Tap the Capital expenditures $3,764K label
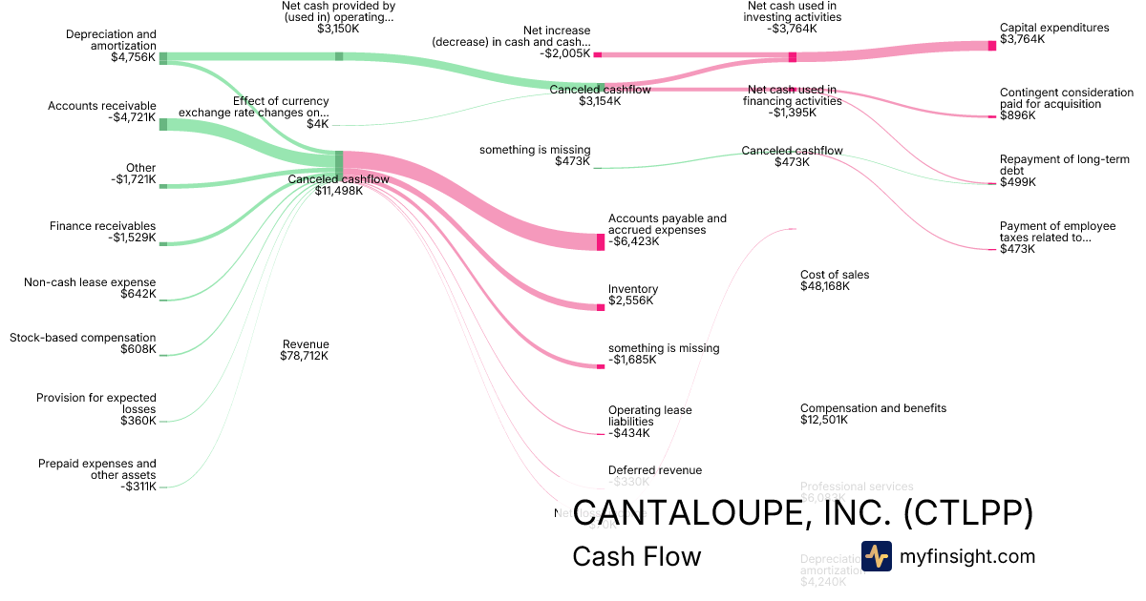coord(1054,35)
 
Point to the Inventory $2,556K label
coord(633,295)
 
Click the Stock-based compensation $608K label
coord(83,343)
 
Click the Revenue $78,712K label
coord(305,350)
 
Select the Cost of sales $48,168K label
coord(835,280)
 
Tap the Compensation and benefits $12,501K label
coord(873,414)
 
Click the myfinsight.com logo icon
coord(877,556)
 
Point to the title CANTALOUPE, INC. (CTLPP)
coord(803,512)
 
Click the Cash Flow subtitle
coord(636,556)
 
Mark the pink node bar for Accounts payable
coord(601,241)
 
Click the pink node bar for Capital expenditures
coord(992,46)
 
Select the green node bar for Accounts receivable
coord(163,124)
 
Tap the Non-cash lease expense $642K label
coord(90,288)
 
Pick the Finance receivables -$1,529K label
coord(103,232)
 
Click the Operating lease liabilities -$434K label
coord(650,421)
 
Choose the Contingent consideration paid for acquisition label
coord(1066,98)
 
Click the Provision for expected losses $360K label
coord(96,409)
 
